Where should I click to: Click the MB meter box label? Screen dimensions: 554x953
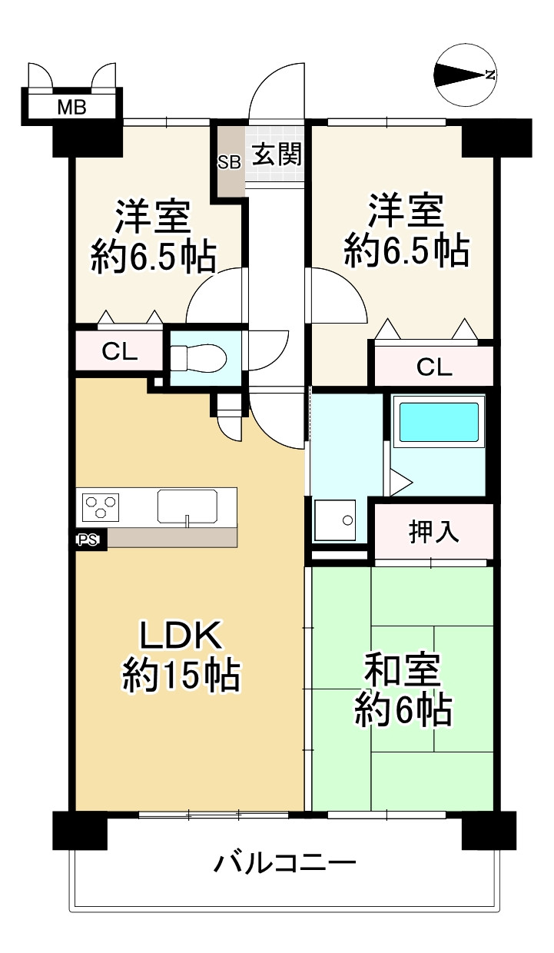pos(72,108)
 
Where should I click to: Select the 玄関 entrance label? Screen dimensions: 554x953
pos(277,154)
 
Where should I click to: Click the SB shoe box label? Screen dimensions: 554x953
pos(229,162)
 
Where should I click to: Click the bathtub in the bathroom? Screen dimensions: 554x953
pos(439,422)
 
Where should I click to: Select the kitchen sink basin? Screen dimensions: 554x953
pos(187,506)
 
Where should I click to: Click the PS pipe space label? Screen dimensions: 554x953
pos(88,540)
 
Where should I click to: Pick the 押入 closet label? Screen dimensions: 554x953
pos(433,531)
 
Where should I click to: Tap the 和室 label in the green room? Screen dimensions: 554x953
pos(402,671)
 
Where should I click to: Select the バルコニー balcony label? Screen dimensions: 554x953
pos(284,862)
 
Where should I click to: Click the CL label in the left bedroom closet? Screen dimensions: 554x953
pos(120,351)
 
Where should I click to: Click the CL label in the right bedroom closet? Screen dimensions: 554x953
pos(434,367)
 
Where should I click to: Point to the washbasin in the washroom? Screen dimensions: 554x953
pos(335,520)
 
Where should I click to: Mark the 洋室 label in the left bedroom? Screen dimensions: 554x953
pos(152,217)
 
